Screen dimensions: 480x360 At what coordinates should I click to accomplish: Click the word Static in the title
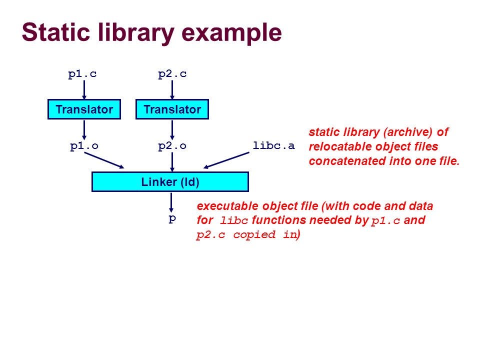(56, 32)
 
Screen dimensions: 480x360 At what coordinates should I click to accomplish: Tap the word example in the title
(231, 33)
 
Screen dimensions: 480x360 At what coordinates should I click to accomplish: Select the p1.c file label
(82, 74)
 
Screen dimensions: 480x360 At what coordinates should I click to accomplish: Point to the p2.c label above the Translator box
(172, 74)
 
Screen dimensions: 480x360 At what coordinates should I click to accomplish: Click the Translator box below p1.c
(84, 109)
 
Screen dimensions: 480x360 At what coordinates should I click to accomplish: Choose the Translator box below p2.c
(172, 109)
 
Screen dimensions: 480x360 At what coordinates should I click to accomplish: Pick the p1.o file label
(84, 146)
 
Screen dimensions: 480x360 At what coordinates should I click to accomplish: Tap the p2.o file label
(172, 146)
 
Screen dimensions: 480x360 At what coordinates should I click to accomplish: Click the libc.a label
(273, 145)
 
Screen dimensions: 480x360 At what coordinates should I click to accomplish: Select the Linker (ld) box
(170, 182)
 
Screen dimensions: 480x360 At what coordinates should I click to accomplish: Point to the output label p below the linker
(172, 219)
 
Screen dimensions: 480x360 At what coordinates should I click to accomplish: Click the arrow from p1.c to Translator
(84, 89)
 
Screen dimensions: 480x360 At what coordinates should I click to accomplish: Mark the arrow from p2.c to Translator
(172, 89)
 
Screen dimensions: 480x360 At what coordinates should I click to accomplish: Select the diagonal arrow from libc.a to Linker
(226, 160)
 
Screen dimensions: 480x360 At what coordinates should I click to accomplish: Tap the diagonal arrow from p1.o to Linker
(104, 160)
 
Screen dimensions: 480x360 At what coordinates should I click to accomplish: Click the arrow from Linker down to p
(171, 202)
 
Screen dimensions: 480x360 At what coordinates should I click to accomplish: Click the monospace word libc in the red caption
(233, 220)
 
